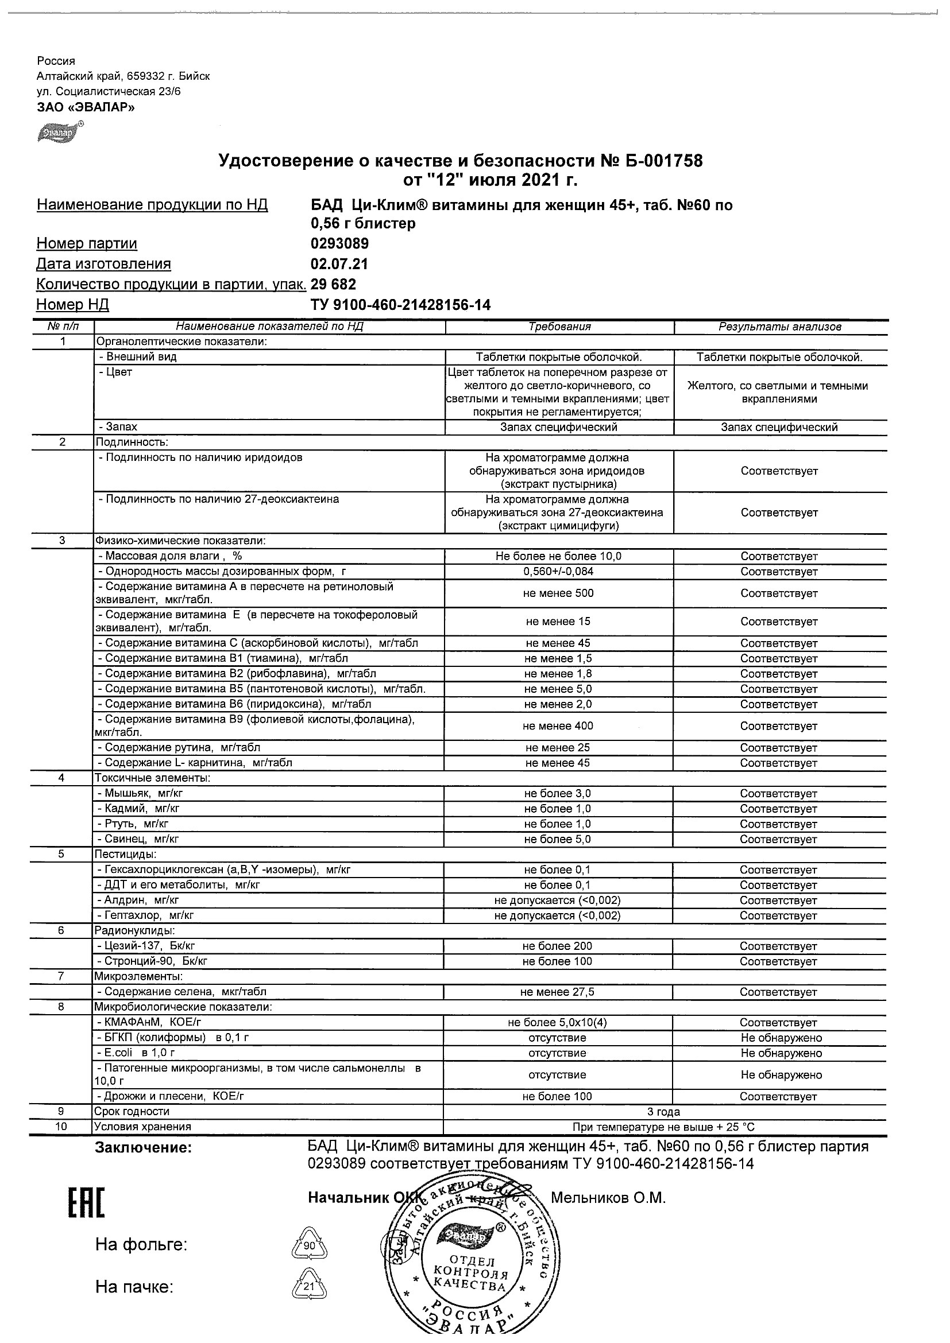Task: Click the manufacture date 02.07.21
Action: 339,264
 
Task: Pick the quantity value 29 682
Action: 333,284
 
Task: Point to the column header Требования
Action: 559,327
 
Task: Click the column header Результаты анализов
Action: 779,327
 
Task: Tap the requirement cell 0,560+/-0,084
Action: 558,572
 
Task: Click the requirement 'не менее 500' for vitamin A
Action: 558,593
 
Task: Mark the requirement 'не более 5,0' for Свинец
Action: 558,839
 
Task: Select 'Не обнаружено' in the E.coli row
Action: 781,1053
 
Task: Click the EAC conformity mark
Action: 87,1202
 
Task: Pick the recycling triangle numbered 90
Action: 309,1245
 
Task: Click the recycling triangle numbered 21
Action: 309,1286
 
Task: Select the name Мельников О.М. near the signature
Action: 608,1198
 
